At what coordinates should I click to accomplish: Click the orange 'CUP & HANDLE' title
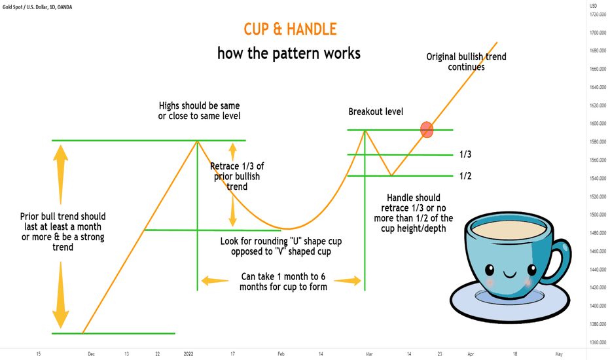pyautogui.click(x=290, y=29)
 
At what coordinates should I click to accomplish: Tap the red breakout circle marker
pyautogui.click(x=427, y=130)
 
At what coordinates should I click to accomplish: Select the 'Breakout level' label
pyautogui.click(x=376, y=112)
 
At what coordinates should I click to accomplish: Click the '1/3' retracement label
pyautogui.click(x=465, y=154)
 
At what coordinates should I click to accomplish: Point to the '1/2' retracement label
pyautogui.click(x=465, y=176)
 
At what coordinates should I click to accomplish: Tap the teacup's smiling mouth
pyautogui.click(x=510, y=275)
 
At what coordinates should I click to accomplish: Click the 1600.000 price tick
pyautogui.click(x=598, y=123)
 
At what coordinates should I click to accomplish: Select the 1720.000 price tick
pyautogui.click(x=598, y=14)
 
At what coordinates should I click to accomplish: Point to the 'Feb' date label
pyautogui.click(x=281, y=353)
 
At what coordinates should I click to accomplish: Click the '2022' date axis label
pyautogui.click(x=188, y=353)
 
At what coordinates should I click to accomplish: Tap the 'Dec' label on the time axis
pyautogui.click(x=91, y=353)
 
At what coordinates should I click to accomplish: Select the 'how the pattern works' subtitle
pyautogui.click(x=289, y=53)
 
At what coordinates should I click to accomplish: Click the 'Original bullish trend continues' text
pyautogui.click(x=466, y=62)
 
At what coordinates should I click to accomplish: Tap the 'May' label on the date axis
pyautogui.click(x=559, y=353)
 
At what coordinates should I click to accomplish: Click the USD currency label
pyautogui.click(x=593, y=6)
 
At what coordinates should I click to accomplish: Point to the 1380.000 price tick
pyautogui.click(x=598, y=324)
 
